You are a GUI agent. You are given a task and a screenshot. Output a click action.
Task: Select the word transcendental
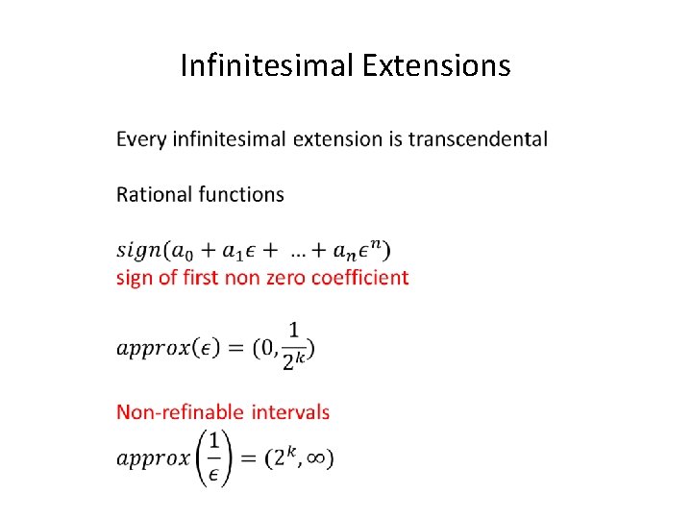click(x=478, y=139)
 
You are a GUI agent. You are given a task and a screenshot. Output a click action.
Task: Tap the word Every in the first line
click(x=141, y=139)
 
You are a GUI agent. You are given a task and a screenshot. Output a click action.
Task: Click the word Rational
click(x=154, y=194)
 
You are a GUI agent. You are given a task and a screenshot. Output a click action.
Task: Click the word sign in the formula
click(x=138, y=251)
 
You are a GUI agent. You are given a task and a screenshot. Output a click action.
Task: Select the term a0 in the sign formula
click(x=182, y=251)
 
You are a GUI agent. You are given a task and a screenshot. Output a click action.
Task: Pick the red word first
click(x=198, y=278)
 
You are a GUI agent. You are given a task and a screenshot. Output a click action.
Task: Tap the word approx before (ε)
click(x=152, y=348)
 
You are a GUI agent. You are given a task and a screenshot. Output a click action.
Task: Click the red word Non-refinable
click(x=180, y=412)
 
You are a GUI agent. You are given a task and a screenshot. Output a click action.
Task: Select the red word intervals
click(x=290, y=412)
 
